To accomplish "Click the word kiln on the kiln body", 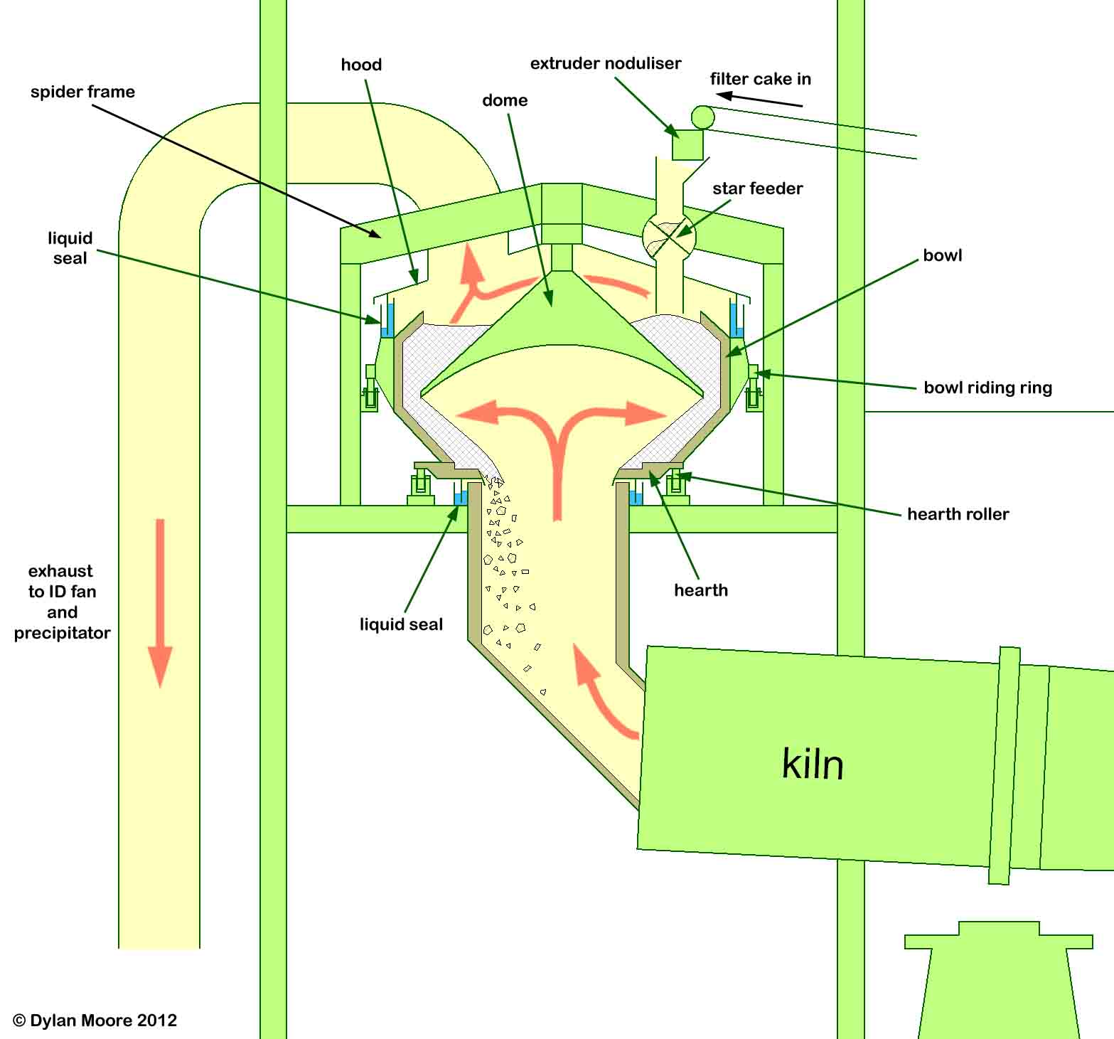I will [813, 764].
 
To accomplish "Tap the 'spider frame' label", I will [82, 92].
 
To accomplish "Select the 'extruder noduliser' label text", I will [605, 63].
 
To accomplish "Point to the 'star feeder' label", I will [757, 188].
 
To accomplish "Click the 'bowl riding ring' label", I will [987, 388].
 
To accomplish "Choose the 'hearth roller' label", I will [958, 514].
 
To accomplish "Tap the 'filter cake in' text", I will [760, 79].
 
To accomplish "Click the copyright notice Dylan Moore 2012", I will [95, 1021].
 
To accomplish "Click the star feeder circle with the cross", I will [668, 237].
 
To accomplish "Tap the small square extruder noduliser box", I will [687, 145].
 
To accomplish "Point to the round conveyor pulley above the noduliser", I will [702, 117].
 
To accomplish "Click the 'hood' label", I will [361, 65].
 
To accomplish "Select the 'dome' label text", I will [505, 100].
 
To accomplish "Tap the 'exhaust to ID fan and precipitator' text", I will [62, 602].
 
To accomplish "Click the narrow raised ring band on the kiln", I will [1004, 765].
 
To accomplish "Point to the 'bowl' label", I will [942, 255].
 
